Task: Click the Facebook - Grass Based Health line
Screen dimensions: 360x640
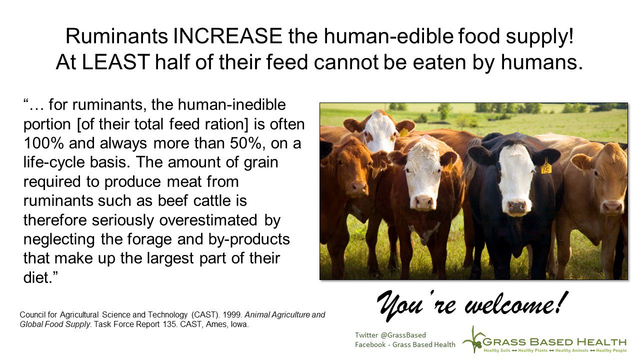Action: pyautogui.click(x=405, y=344)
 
